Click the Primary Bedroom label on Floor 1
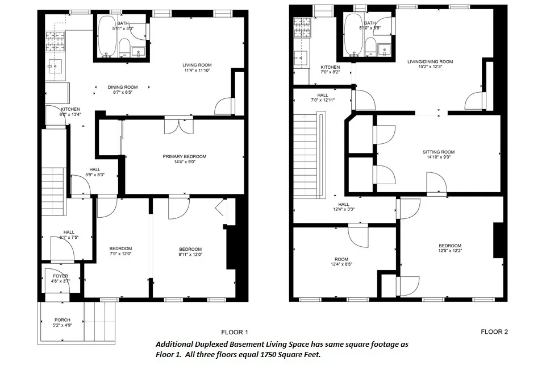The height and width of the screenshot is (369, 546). [x=184, y=156]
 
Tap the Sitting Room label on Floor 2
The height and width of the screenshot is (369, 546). [x=439, y=152]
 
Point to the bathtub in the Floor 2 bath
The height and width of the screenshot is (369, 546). [x=353, y=36]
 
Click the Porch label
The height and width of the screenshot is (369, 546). [x=62, y=320]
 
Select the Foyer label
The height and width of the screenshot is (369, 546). [x=60, y=276]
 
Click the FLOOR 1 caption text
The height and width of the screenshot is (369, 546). [x=235, y=332]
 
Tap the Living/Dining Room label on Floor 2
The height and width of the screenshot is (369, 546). [x=430, y=61]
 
